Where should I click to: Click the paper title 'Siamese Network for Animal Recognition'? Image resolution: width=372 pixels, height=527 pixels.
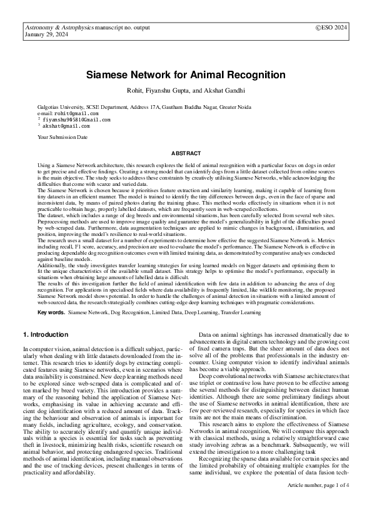pyautogui.click(x=186, y=75)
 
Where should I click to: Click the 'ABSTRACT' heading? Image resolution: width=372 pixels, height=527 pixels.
pyautogui.click(x=186, y=153)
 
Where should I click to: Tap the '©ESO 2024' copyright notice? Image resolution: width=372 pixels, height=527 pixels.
pyautogui.click(x=331, y=29)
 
